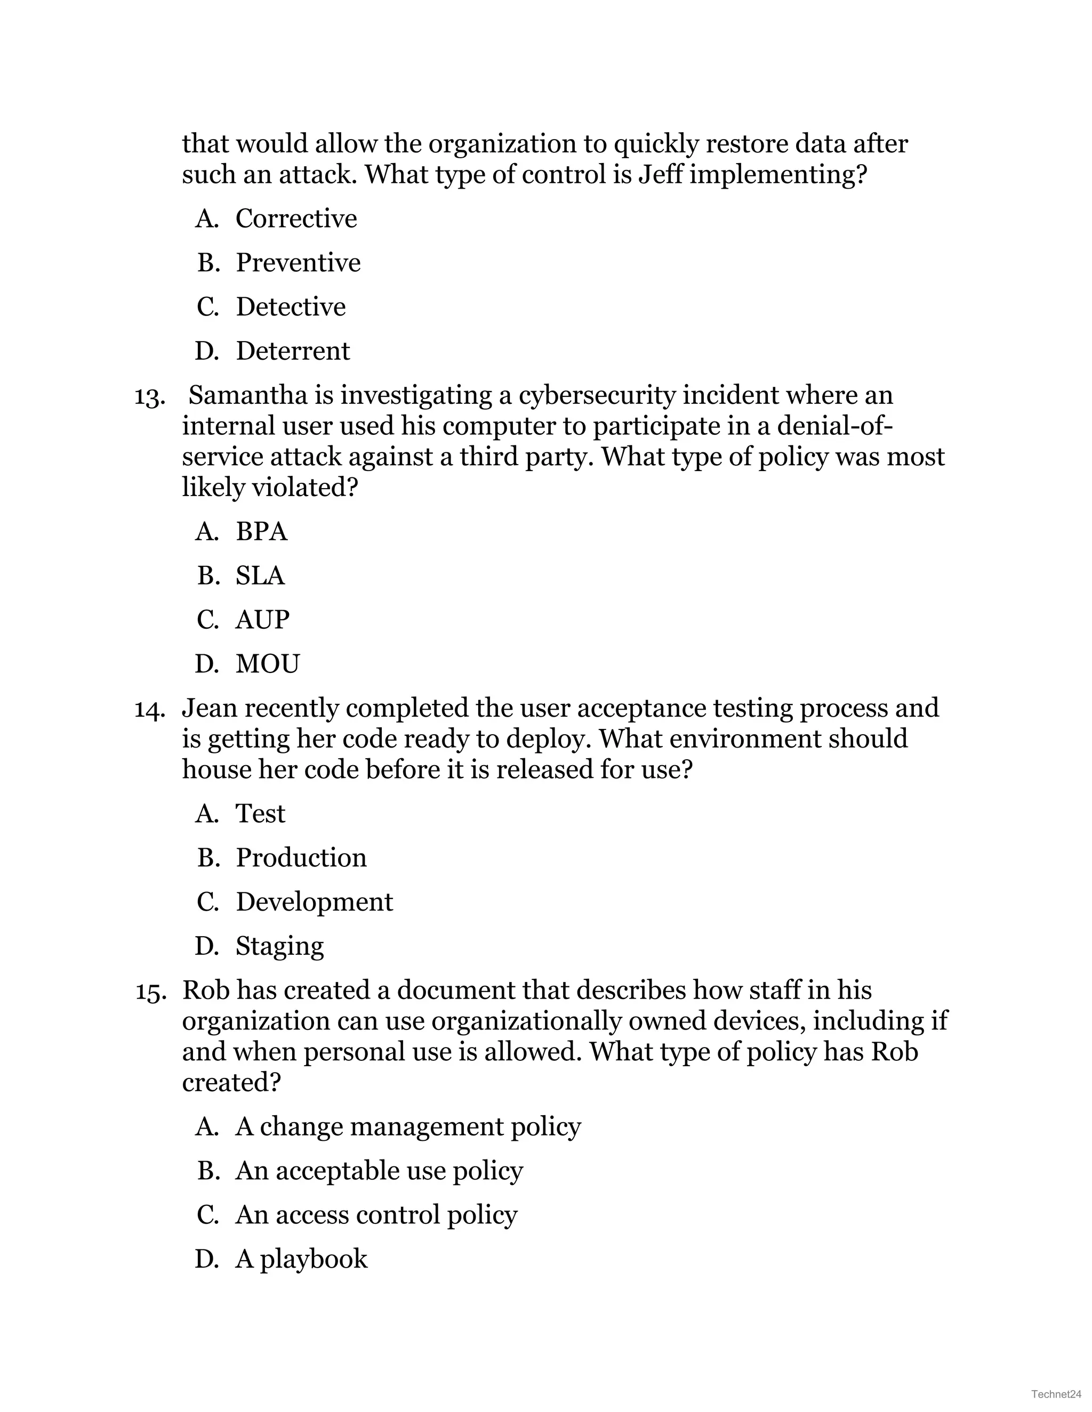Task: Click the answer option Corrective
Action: click(295, 218)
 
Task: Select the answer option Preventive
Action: click(298, 263)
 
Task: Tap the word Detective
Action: click(291, 306)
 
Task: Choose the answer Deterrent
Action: click(292, 351)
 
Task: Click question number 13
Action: click(148, 396)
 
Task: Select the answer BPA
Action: click(261, 531)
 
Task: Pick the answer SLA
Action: click(260, 575)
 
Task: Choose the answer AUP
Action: click(262, 619)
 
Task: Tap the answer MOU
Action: click(267, 664)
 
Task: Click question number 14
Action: click(148, 710)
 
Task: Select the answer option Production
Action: click(301, 858)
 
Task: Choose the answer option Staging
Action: click(279, 946)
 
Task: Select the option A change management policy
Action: click(407, 1127)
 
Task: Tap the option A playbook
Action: click(301, 1259)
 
